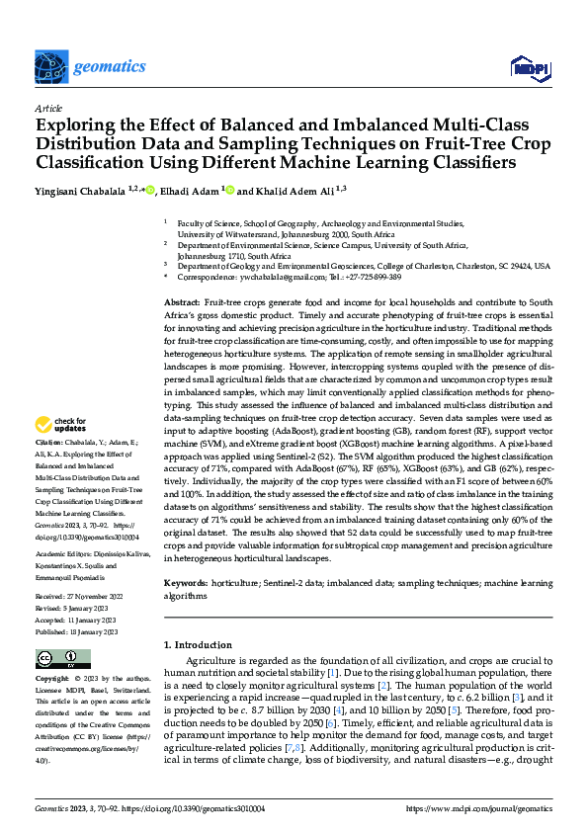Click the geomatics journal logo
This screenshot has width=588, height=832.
[75, 68]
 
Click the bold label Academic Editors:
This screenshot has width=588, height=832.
[69, 554]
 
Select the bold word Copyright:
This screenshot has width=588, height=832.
[51, 680]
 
